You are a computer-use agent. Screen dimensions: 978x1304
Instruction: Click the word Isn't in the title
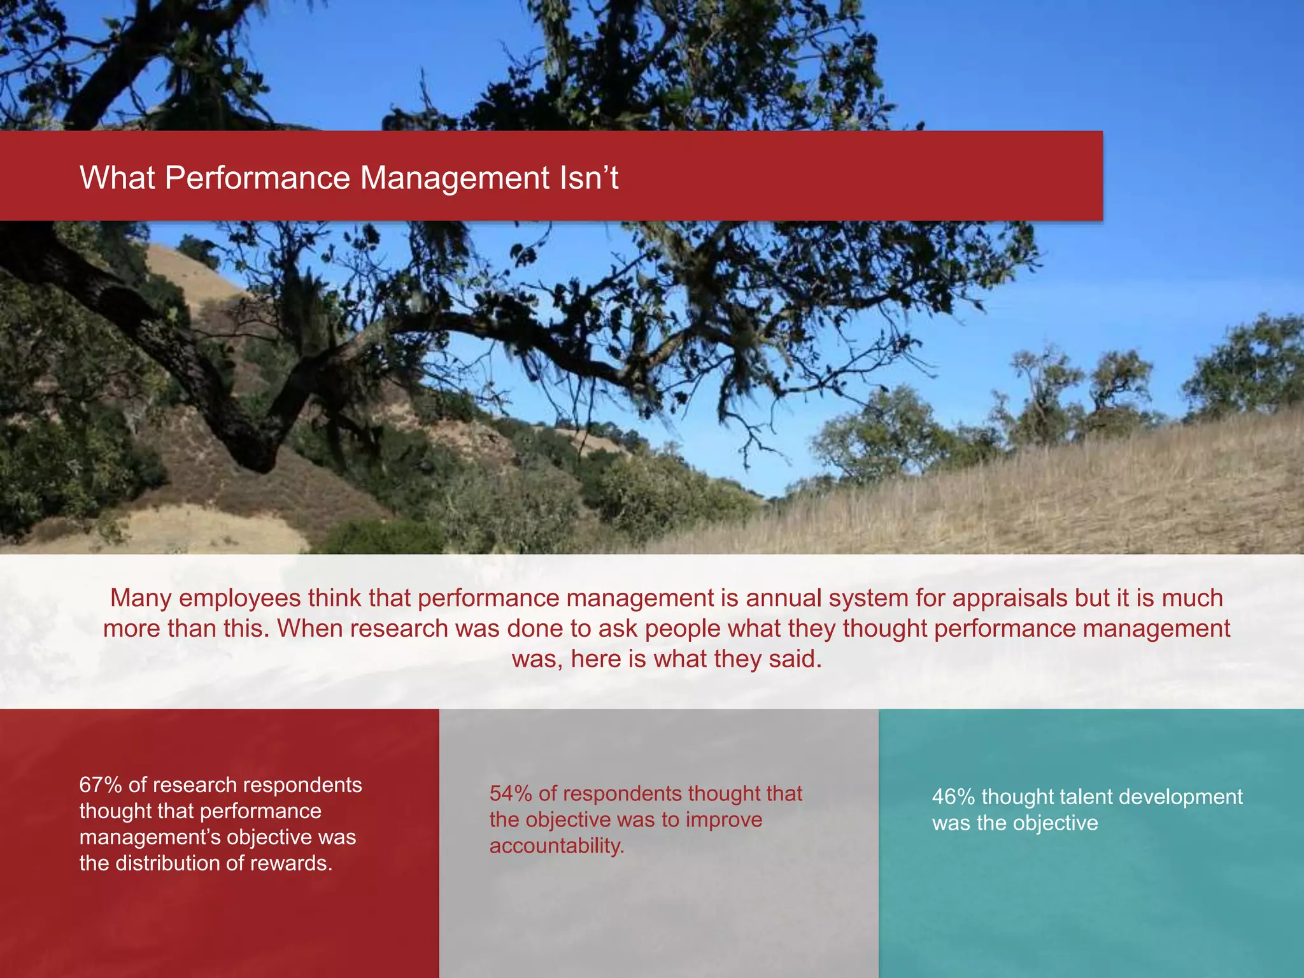pos(589,178)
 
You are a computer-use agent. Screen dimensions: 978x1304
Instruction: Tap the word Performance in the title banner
pos(258,178)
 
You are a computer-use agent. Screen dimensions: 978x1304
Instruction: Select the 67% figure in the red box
pos(100,785)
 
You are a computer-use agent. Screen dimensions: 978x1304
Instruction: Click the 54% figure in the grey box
pos(511,794)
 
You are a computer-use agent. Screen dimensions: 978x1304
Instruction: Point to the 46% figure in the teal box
pos(953,797)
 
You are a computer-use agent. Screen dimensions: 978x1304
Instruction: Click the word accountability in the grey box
pos(557,846)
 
